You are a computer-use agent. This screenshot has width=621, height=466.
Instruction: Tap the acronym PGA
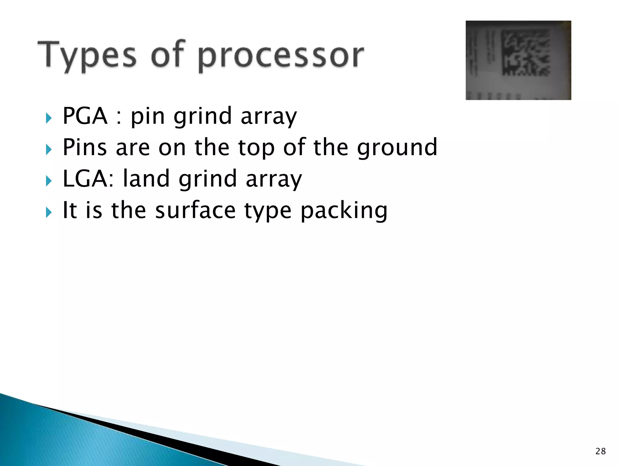coord(85,116)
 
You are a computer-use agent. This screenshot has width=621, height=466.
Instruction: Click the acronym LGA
coord(85,179)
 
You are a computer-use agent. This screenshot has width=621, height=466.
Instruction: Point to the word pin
coord(148,117)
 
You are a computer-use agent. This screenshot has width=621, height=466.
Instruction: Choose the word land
coord(146,179)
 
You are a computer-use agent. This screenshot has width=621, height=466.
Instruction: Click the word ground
coord(397,148)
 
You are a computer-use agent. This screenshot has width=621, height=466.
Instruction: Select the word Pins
coord(85,147)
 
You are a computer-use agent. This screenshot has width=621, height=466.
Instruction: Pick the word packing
coord(344,211)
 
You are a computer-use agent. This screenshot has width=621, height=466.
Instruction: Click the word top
coord(256,148)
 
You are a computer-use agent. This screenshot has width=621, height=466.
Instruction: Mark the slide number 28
coord(600,451)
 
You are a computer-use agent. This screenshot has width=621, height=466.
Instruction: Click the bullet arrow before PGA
coord(49,118)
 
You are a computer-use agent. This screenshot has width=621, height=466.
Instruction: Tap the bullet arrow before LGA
coord(49,181)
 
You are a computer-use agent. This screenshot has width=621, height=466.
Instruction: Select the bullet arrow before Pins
coord(49,149)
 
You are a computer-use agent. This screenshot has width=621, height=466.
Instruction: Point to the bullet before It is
coord(49,212)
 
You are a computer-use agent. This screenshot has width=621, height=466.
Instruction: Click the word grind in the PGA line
coord(203,117)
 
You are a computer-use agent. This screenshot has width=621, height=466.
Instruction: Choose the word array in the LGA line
coord(274,179)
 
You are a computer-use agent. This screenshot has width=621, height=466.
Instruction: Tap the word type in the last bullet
coord(268,211)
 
